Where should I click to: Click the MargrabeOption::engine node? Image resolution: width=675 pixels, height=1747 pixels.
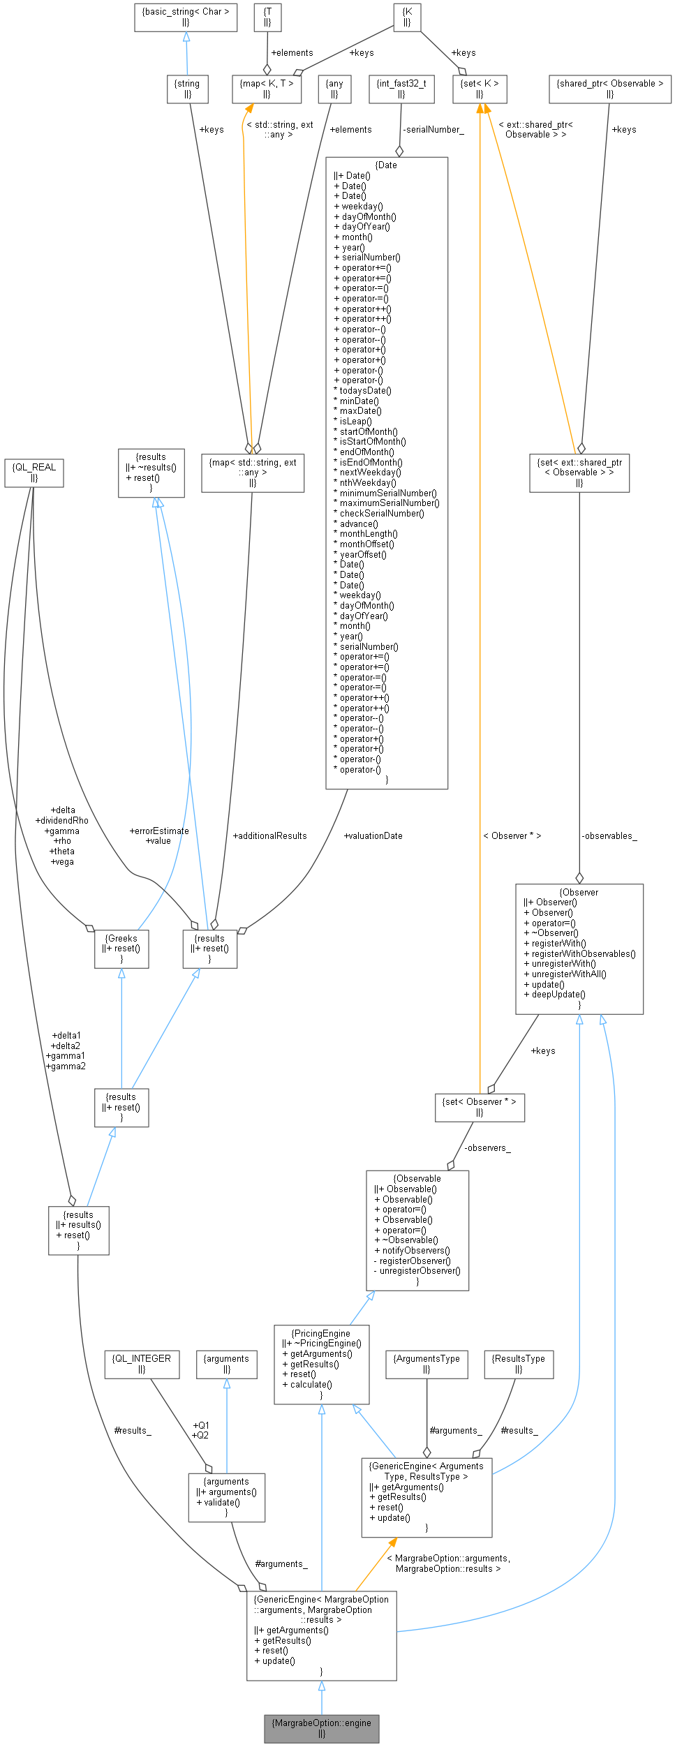[321, 1727]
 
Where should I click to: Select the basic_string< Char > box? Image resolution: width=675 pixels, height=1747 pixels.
[186, 17]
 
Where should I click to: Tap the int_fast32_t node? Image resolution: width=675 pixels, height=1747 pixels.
[401, 89]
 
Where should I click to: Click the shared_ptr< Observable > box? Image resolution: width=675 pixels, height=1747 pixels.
[609, 89]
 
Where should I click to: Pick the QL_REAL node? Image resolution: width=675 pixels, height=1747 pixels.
[34, 473]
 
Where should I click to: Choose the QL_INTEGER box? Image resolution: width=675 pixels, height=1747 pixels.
[141, 1364]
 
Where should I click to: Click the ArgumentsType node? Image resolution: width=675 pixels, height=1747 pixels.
[426, 1364]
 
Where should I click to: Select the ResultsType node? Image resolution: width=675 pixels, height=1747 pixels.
[519, 1364]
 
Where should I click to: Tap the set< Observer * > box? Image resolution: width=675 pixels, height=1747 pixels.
[480, 1107]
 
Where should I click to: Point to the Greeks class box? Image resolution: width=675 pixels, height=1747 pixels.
[121, 949]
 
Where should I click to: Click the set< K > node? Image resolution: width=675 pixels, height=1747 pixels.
[480, 89]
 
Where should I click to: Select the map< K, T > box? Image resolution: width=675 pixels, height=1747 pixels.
[267, 89]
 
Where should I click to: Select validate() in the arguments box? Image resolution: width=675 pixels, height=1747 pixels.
[221, 1503]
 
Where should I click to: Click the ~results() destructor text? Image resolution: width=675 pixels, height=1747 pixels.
[153, 468]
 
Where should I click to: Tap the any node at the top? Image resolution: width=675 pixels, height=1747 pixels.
[334, 89]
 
